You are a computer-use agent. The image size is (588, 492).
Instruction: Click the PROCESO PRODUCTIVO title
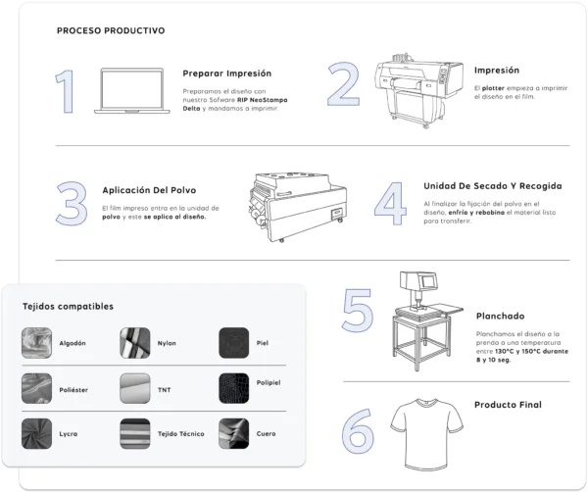pyautogui.click(x=111, y=30)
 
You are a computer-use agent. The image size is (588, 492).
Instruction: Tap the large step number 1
pyautogui.click(x=65, y=93)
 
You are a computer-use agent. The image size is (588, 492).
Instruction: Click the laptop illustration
pyautogui.click(x=130, y=91)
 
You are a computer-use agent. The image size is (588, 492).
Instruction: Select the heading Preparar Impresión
pyautogui.click(x=227, y=74)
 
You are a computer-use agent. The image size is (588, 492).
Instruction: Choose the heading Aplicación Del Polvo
pyautogui.click(x=150, y=190)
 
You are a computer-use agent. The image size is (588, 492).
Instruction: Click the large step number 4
pyautogui.click(x=390, y=201)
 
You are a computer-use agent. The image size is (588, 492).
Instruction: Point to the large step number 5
pyautogui.click(x=357, y=310)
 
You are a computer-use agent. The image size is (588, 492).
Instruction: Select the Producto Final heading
pyautogui.click(x=508, y=405)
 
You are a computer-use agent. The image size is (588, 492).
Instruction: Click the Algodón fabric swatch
pyautogui.click(x=36, y=343)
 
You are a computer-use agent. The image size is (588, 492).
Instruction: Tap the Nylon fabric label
pyautogui.click(x=167, y=344)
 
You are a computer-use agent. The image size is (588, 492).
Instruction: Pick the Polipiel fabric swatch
pyautogui.click(x=235, y=388)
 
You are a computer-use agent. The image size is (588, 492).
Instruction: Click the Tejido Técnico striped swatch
pyautogui.click(x=135, y=432)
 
